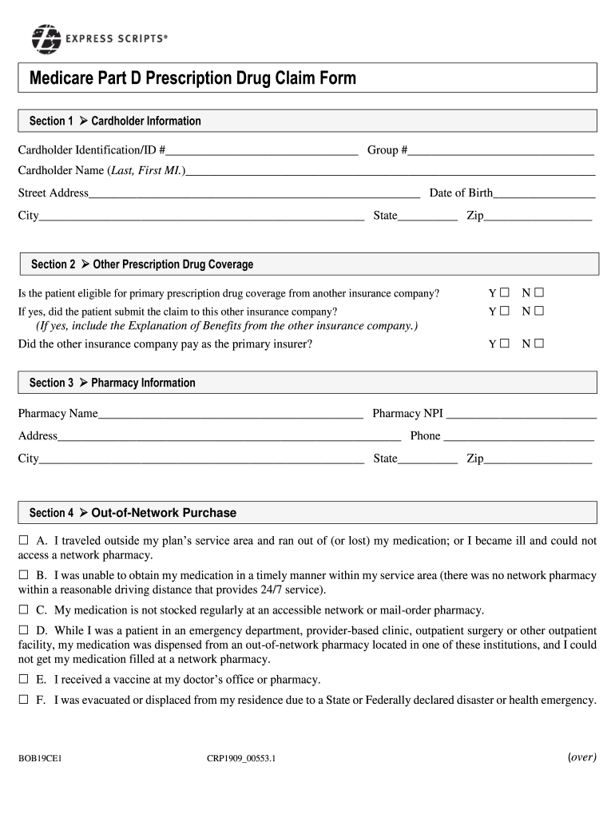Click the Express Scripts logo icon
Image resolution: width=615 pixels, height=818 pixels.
46,39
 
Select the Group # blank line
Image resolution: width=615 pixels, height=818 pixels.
502,149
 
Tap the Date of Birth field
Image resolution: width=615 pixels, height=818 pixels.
544,193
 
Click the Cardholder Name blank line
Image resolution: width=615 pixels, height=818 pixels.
391,170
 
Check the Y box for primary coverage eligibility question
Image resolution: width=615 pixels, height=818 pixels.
504,293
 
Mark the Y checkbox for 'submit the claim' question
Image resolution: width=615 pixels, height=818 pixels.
504,311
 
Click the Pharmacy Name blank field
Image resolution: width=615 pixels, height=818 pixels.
230,413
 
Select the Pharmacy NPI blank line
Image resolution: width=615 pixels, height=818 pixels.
522,413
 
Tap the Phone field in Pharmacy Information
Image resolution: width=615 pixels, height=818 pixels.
518,435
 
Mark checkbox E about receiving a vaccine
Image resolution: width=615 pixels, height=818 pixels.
23,680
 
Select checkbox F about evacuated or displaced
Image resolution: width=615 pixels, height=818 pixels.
23,701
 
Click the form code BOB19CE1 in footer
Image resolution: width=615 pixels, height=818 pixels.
40,759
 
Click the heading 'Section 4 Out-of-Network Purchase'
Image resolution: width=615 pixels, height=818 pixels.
133,513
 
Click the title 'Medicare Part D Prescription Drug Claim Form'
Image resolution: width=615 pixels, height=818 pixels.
192,78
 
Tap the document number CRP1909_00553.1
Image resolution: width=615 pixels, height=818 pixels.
240,759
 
